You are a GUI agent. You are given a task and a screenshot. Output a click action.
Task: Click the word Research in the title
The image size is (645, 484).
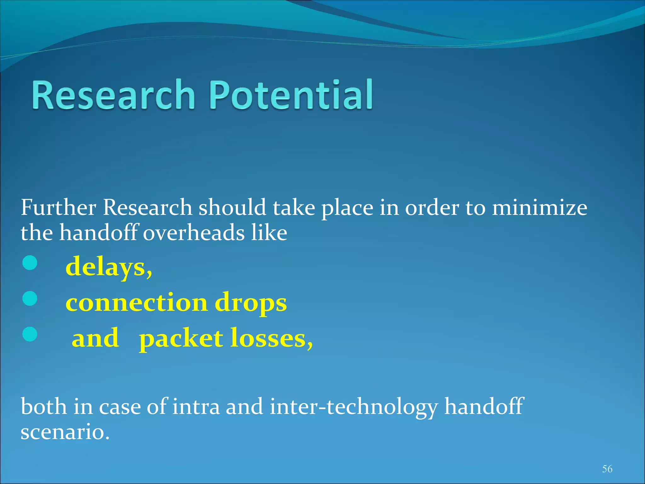[x=113, y=95]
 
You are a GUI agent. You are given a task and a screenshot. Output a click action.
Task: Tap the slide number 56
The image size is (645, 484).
[x=607, y=469]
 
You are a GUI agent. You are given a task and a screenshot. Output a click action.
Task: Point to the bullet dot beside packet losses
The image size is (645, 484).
[x=30, y=334]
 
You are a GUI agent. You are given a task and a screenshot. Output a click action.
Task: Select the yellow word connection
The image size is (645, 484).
[x=136, y=302]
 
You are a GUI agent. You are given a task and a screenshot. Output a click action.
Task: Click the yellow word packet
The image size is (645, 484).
[x=181, y=339]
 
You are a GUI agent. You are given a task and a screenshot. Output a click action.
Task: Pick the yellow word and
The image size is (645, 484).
[x=95, y=338]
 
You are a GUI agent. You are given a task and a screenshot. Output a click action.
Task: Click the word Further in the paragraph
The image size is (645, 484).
[x=58, y=208]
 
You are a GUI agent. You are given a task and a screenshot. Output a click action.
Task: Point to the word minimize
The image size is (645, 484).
[x=539, y=208]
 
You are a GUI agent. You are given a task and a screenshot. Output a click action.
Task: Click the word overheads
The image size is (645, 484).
[x=194, y=233]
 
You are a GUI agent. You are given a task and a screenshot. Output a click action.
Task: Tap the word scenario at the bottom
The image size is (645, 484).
[x=65, y=432]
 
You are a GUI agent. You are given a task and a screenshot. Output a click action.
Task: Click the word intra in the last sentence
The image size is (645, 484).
[x=196, y=406]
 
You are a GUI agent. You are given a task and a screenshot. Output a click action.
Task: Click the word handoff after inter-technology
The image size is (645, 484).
[x=484, y=406]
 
